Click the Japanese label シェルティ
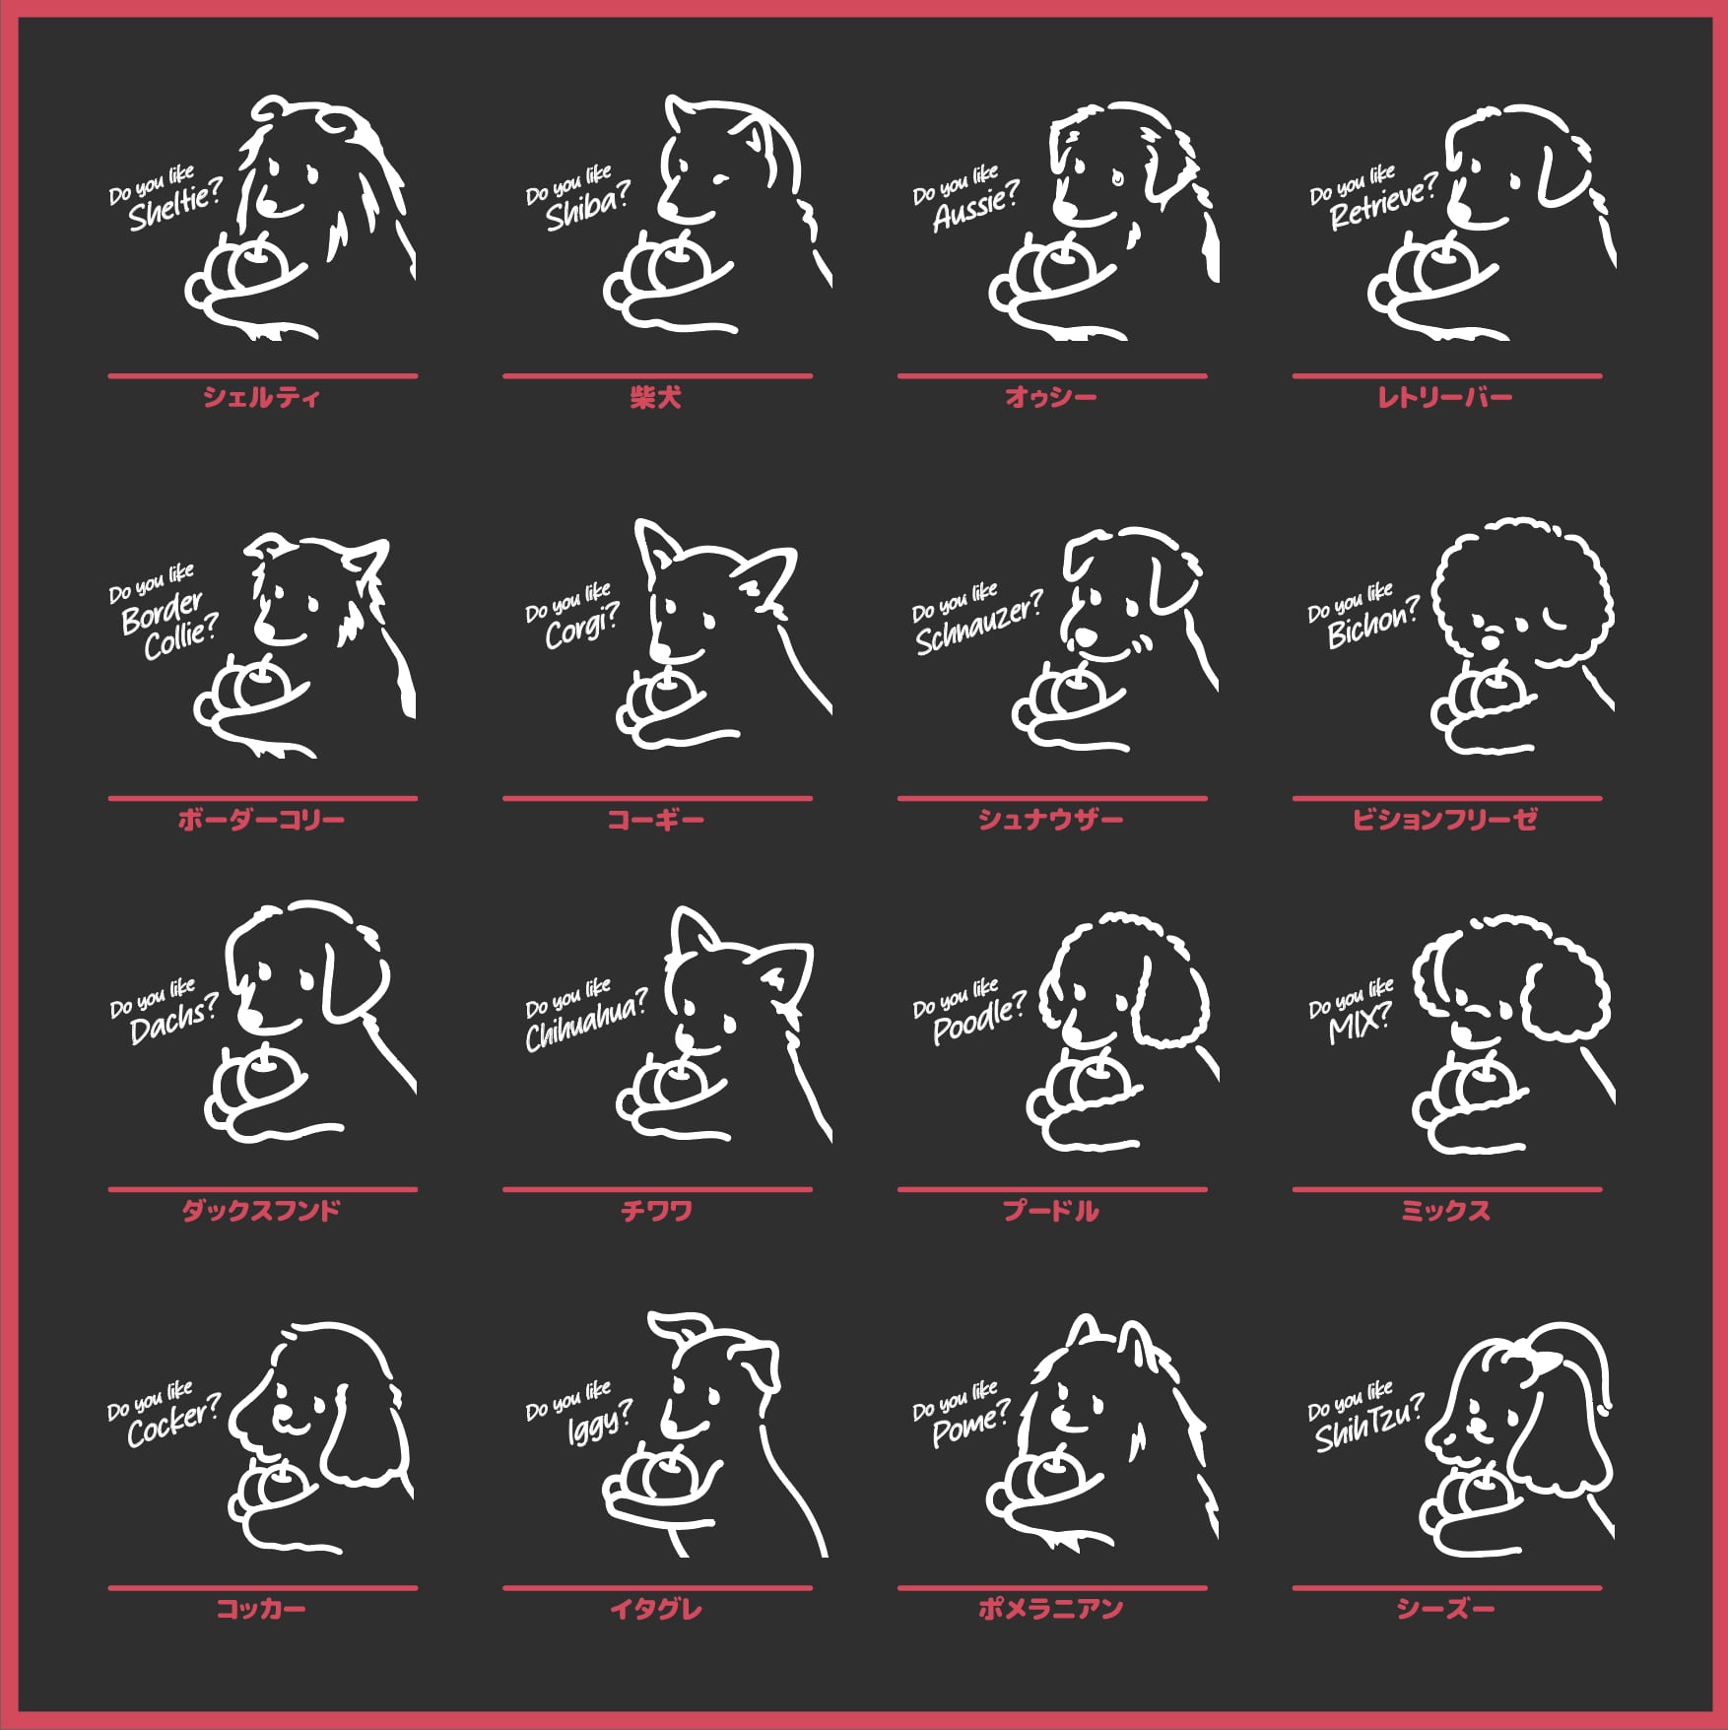click(x=262, y=397)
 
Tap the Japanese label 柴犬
click(x=656, y=397)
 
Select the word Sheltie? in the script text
click(x=174, y=205)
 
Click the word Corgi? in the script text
click(x=582, y=626)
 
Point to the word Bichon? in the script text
click(x=1373, y=622)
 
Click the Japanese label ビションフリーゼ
click(x=1445, y=819)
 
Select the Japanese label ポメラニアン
click(x=1051, y=1608)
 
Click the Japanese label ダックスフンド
click(x=262, y=1210)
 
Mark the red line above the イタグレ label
click(x=657, y=1587)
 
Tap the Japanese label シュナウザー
click(x=1051, y=819)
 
